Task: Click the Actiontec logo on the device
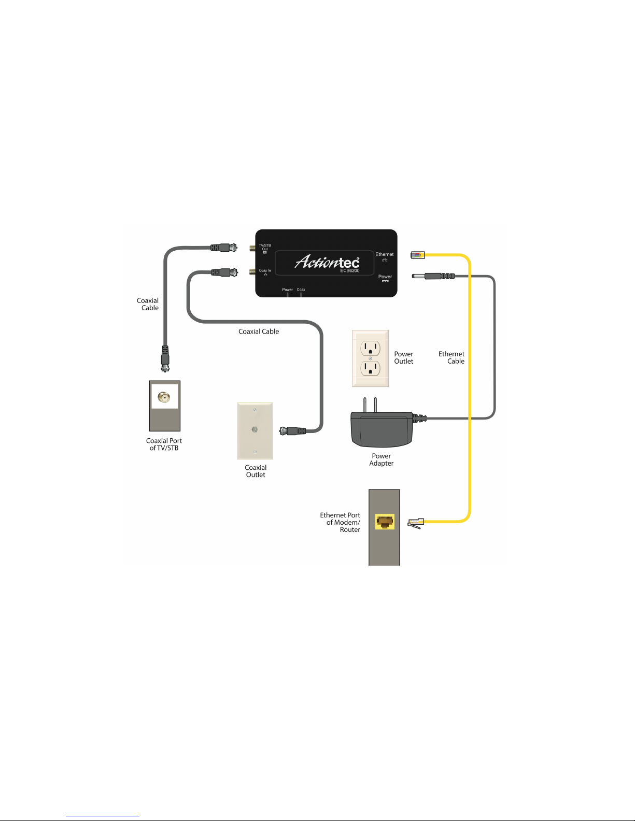pyautogui.click(x=327, y=262)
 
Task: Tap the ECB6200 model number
pyautogui.click(x=350, y=270)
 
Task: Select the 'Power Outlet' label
pyautogui.click(x=403, y=358)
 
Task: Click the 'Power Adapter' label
pyautogui.click(x=381, y=460)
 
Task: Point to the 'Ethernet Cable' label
pyautogui.click(x=451, y=357)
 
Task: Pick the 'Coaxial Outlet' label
pyautogui.click(x=256, y=471)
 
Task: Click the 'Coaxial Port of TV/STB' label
pyautogui.click(x=164, y=444)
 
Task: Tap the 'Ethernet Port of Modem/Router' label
pyautogui.click(x=341, y=522)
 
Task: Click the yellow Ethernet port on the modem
pyautogui.click(x=385, y=522)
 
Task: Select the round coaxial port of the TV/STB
pyautogui.click(x=164, y=398)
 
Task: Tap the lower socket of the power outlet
pyautogui.click(x=370, y=368)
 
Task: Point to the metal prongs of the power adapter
pyautogui.click(x=370, y=405)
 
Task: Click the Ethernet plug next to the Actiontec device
pyautogui.click(x=417, y=254)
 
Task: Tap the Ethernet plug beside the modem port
pyautogui.click(x=416, y=523)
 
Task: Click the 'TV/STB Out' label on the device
pyautogui.click(x=264, y=248)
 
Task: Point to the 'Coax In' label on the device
pyautogui.click(x=264, y=271)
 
